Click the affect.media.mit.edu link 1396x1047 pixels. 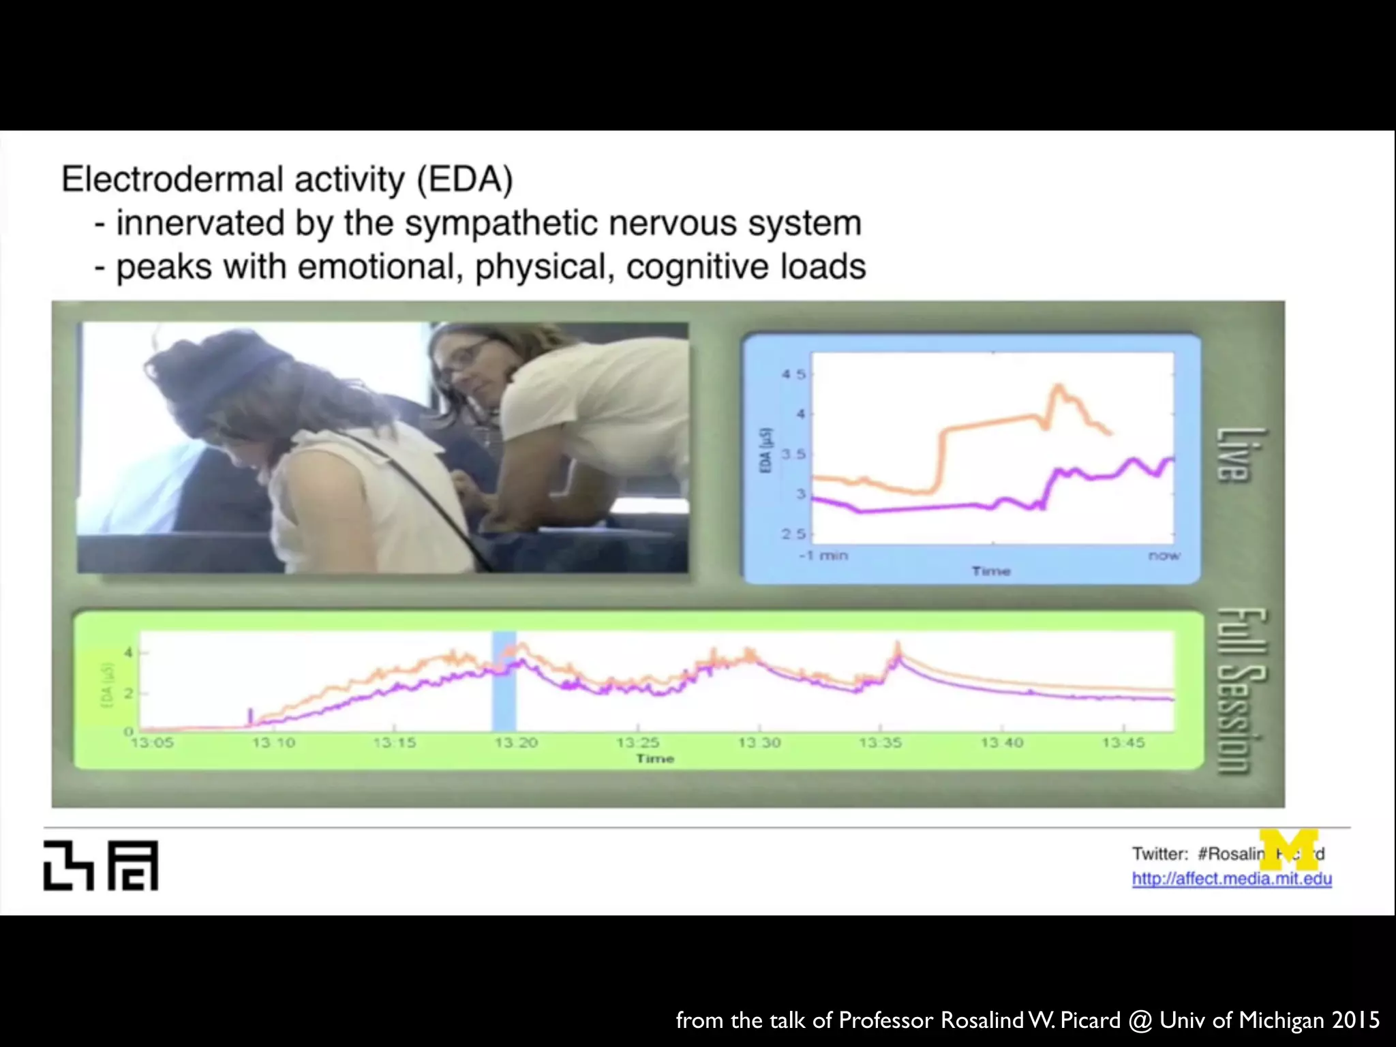(x=1231, y=879)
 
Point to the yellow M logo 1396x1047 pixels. (x=1288, y=849)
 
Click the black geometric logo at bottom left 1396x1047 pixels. (x=101, y=865)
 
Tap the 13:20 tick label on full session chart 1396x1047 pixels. (x=516, y=742)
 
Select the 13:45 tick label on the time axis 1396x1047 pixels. (x=1123, y=742)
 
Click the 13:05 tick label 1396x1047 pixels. (x=152, y=742)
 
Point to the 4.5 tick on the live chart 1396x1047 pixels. (x=793, y=374)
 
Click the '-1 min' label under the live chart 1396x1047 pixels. (x=823, y=556)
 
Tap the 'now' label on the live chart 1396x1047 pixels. (x=1164, y=556)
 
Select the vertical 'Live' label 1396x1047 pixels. (x=1234, y=455)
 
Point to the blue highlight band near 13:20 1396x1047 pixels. (x=504, y=682)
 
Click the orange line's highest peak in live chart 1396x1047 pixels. (x=1059, y=386)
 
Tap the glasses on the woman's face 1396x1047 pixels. (x=464, y=358)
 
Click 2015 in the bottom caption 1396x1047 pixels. (x=1355, y=1020)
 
